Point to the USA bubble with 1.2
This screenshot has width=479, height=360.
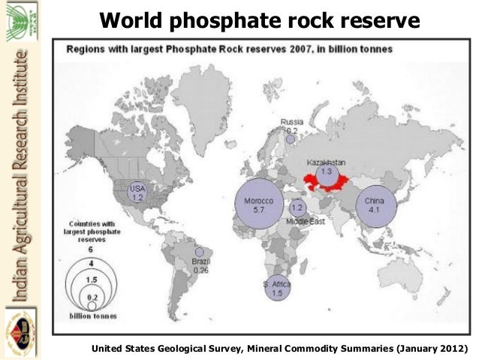(x=137, y=192)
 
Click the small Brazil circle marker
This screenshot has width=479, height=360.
(x=199, y=253)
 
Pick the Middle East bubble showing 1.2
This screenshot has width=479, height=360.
(x=297, y=207)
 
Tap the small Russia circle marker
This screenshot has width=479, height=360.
(x=291, y=138)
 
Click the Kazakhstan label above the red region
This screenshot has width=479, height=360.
(x=326, y=162)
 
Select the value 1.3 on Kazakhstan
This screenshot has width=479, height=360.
(x=326, y=172)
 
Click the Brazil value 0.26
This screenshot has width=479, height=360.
(x=200, y=269)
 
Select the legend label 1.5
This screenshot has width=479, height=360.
(x=90, y=279)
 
